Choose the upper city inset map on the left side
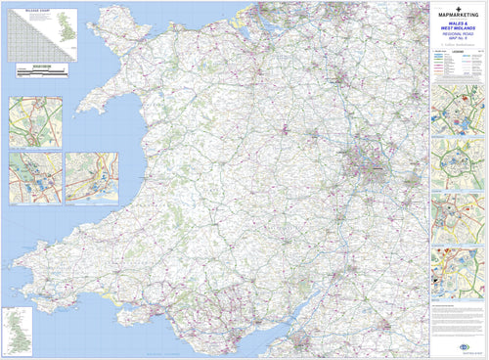pyautogui.click(x=35, y=121)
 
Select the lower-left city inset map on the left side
pyautogui.click(x=35, y=177)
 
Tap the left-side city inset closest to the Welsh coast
pyautogui.click(x=91, y=177)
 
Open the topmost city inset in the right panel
pyautogui.click(x=458, y=109)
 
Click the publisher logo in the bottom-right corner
pyautogui.click(x=473, y=346)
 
